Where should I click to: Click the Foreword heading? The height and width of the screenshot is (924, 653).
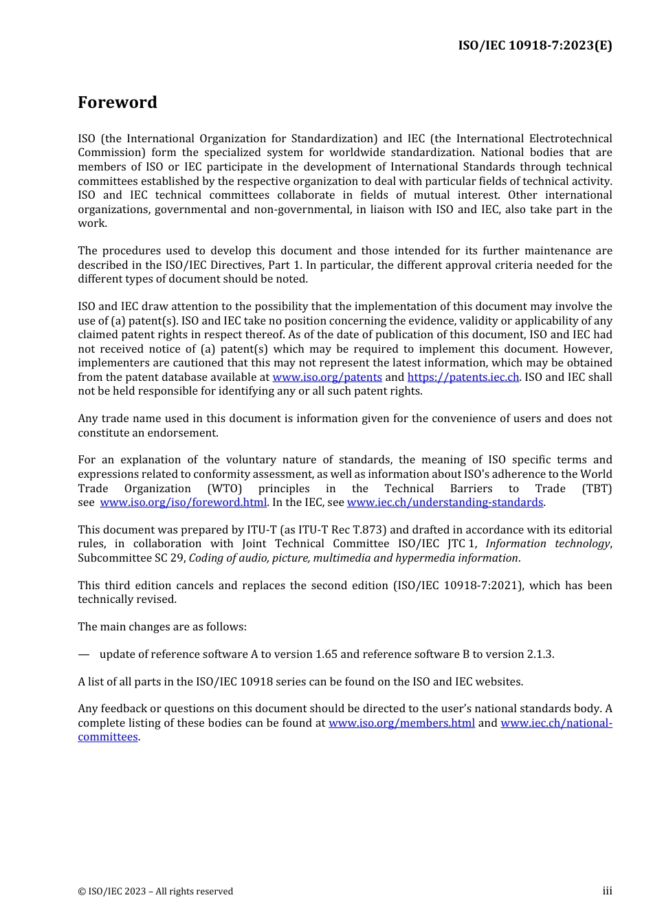pos(118,102)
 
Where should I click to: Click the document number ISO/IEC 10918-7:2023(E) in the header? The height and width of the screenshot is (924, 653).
pos(535,45)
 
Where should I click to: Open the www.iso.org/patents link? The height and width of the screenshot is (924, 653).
pos(327,377)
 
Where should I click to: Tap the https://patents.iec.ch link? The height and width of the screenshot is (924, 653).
pos(463,377)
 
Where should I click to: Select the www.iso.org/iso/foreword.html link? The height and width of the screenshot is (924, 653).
pos(183,503)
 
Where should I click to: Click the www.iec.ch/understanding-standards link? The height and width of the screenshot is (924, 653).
pos(445,503)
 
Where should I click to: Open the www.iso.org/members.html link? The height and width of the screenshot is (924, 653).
pos(401,723)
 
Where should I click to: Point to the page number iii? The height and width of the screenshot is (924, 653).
pos(607,891)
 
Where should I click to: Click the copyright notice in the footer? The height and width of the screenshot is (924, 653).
pos(155,892)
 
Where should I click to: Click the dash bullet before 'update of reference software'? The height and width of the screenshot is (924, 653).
pos(83,654)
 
